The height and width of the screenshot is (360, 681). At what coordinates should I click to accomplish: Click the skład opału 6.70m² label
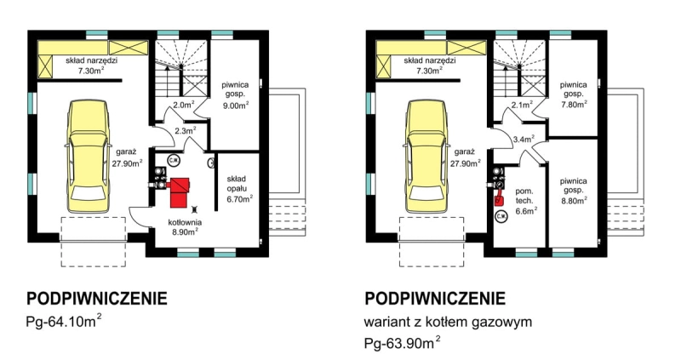[x=239, y=189]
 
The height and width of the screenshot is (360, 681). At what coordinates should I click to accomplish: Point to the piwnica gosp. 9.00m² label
[x=235, y=94]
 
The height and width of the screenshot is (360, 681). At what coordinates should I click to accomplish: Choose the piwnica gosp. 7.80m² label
[x=573, y=94]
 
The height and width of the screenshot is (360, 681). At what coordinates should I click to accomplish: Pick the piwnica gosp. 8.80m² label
[x=573, y=190]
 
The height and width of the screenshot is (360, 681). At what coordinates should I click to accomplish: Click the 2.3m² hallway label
[x=186, y=130]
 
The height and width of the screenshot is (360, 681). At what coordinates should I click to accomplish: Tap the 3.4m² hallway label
[x=524, y=139]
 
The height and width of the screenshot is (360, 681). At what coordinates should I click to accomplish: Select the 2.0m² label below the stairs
[x=184, y=104]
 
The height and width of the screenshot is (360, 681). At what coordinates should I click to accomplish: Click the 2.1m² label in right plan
[x=522, y=104]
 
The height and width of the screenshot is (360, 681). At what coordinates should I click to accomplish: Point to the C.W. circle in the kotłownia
[x=174, y=160]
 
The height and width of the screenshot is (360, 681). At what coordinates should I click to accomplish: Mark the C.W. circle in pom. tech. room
[x=501, y=215]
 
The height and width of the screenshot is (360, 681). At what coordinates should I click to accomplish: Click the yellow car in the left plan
[x=88, y=157]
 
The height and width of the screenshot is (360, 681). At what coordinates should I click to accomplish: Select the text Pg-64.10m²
[x=65, y=322]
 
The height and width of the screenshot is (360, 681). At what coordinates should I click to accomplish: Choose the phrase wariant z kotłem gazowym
[x=448, y=323]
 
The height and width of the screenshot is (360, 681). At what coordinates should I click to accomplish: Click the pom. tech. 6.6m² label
[x=526, y=201]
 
